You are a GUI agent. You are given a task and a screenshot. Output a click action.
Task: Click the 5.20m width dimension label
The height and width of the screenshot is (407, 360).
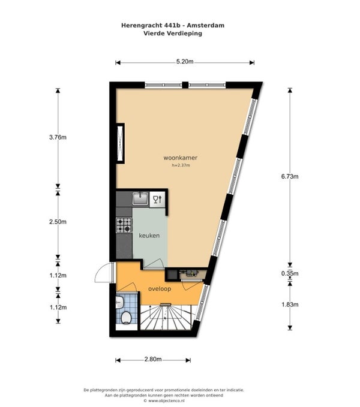click(x=185, y=62)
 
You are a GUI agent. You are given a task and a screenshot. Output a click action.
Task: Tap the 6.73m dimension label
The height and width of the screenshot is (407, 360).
click(x=290, y=176)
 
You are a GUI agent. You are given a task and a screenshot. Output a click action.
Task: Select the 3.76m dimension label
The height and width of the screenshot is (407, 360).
click(x=58, y=137)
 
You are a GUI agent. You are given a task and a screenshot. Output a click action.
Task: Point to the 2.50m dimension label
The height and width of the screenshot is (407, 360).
click(x=58, y=222)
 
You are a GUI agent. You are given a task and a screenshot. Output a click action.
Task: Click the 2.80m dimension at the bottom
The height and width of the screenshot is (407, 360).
click(x=153, y=359)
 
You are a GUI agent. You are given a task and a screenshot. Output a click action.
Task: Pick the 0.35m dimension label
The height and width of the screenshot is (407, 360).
click(x=290, y=273)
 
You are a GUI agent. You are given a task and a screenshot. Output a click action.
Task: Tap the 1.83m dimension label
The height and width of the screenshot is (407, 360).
click(x=290, y=305)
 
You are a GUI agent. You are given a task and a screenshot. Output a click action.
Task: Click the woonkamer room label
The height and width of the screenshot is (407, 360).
click(x=180, y=158)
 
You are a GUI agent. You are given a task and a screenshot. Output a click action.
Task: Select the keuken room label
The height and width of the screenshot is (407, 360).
click(x=149, y=236)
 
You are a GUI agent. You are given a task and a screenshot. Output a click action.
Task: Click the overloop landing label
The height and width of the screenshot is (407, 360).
click(x=160, y=289)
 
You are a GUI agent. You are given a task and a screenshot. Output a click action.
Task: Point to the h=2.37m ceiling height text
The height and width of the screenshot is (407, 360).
click(x=181, y=165)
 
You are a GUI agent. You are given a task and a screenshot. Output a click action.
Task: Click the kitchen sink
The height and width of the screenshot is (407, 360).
click(x=140, y=199)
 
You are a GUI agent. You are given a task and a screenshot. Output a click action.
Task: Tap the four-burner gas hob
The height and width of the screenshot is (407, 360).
click(x=124, y=225)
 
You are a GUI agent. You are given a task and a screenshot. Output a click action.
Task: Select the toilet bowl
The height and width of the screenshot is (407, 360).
click(x=126, y=318)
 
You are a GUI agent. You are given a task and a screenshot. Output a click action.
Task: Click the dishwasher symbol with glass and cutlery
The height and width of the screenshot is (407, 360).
click(x=157, y=200)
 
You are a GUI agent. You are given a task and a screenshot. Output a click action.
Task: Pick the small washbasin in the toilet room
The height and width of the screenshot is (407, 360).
click(x=119, y=302)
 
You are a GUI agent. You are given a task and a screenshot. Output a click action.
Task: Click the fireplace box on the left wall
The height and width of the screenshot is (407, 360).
click(x=121, y=143)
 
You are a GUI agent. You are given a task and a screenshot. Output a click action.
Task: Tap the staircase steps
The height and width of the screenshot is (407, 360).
click(x=166, y=317)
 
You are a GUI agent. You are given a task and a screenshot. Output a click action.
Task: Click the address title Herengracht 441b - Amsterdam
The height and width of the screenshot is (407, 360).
click(x=173, y=25)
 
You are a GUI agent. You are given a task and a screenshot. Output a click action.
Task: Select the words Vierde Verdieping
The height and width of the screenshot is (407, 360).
click(x=173, y=33)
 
